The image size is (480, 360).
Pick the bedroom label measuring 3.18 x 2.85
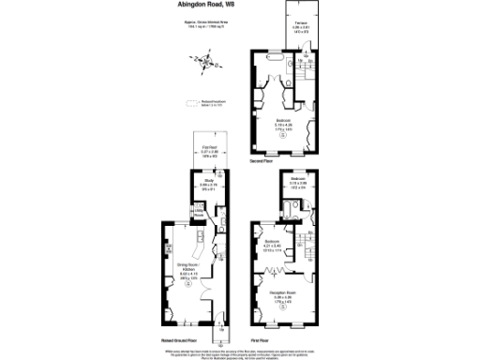pyautogui.click(x=297, y=183)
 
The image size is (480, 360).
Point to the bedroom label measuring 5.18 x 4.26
pyautogui.click(x=284, y=123)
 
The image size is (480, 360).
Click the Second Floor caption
pyautogui.click(x=262, y=161)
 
